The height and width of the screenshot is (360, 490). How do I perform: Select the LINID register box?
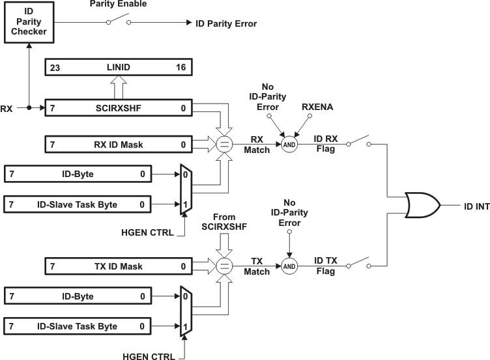tap(118, 67)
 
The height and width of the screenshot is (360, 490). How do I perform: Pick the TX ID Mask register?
tap(118, 266)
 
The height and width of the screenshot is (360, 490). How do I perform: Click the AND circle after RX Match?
tap(289, 144)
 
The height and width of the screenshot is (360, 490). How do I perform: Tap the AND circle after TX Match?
tap(289, 266)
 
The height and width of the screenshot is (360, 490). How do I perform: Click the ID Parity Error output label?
tap(226, 23)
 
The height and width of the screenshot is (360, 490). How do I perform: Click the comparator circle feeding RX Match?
tap(224, 144)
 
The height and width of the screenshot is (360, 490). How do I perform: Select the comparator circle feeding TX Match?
tap(224, 266)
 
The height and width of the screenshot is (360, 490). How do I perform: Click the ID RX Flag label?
tap(326, 144)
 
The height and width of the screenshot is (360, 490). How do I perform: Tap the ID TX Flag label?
tap(326, 266)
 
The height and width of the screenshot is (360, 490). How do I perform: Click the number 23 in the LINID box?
tap(55, 68)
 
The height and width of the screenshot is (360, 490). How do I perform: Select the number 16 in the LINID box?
tap(182, 68)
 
